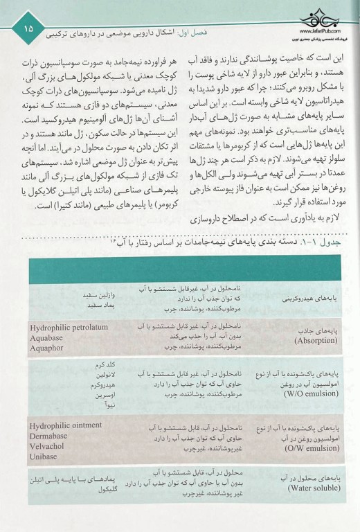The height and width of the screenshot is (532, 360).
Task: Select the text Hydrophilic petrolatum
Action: (x=68, y=326)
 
